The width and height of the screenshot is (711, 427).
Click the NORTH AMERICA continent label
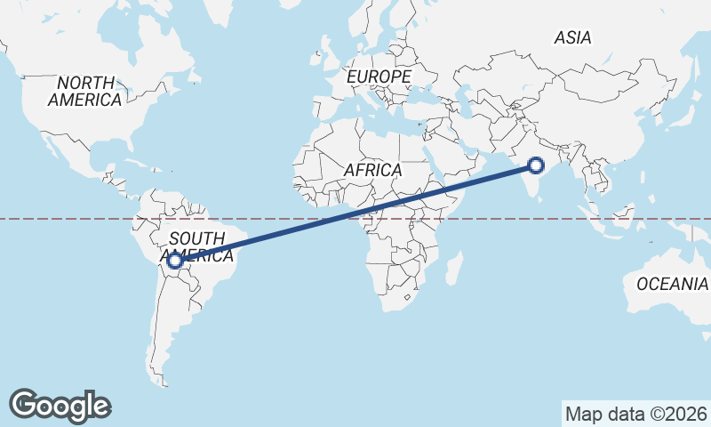[85, 91]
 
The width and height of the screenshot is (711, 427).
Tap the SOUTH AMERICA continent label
[196, 246]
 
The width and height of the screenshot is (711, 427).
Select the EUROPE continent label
[379, 77]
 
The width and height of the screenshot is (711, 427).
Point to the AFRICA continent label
[374, 169]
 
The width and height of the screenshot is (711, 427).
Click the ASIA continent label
[572, 37]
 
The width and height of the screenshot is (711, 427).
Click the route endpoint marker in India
[536, 165]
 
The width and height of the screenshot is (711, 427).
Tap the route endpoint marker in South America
[175, 261]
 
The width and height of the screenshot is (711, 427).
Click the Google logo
[60, 405]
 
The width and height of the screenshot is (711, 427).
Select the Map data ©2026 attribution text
[636, 414]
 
